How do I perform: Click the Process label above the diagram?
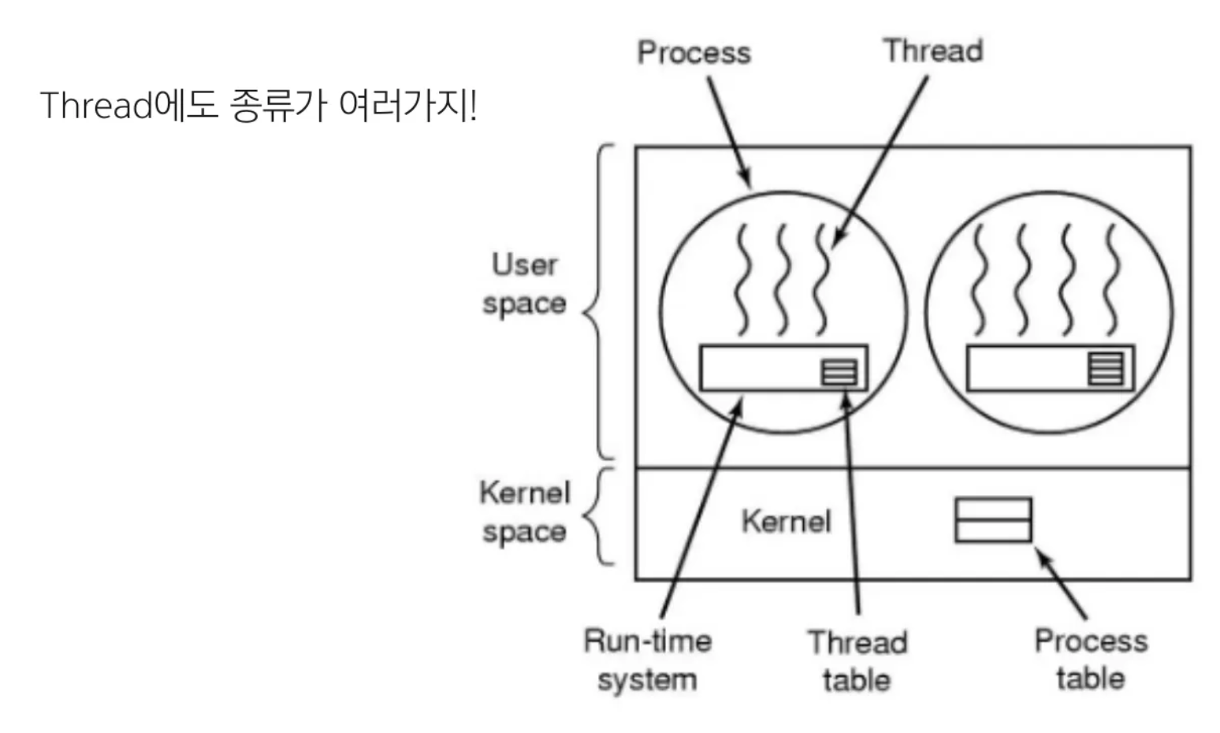click(694, 53)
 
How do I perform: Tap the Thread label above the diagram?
click(932, 50)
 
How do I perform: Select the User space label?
click(524, 284)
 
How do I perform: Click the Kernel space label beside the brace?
click(524, 512)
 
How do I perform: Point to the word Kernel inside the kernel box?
click(786, 521)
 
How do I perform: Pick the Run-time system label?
click(647, 660)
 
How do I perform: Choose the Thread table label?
click(857, 661)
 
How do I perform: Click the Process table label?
click(1091, 660)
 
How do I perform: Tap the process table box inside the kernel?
click(992, 520)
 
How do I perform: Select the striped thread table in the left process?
click(839, 371)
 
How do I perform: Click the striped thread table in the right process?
click(1105, 368)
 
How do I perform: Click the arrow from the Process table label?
click(1062, 584)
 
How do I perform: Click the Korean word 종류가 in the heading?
click(277, 106)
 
